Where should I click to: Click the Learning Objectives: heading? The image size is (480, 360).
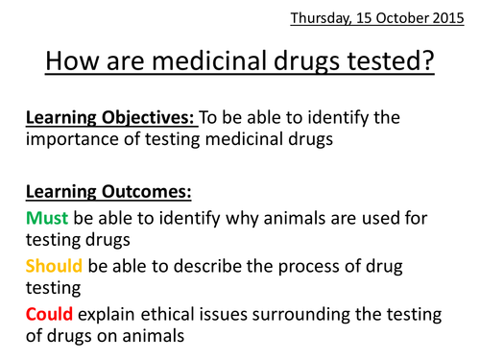[104, 117]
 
